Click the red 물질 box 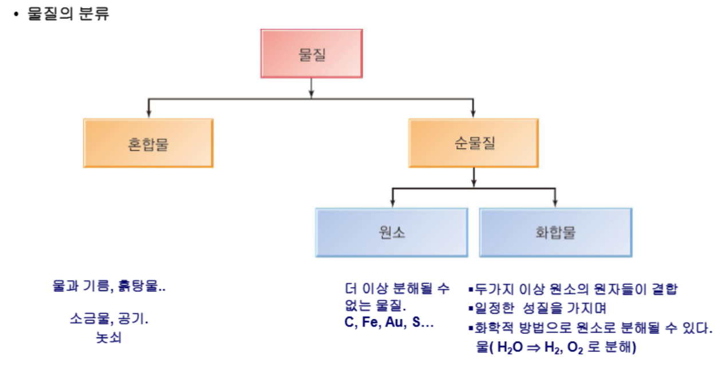(311, 53)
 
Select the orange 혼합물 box (148, 143)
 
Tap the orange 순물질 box (473, 143)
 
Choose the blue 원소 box (392, 232)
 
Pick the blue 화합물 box (555, 232)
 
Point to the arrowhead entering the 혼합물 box (149, 114)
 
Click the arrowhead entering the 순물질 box (473, 114)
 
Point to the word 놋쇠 (109, 337)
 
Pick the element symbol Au (394, 322)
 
